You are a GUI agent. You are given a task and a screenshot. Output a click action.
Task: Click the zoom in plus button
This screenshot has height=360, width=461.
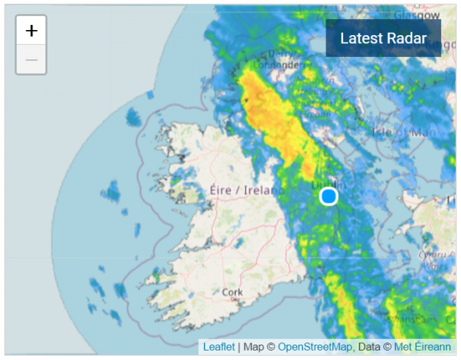(x=31, y=31)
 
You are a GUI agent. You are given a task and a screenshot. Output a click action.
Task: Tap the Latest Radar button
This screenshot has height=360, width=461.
(x=383, y=38)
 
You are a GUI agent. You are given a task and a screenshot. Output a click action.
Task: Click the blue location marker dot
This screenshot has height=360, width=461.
(x=329, y=196)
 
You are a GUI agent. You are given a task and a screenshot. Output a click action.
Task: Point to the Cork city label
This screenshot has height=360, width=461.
(x=231, y=293)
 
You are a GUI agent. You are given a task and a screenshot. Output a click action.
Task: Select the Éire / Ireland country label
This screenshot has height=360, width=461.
(x=244, y=190)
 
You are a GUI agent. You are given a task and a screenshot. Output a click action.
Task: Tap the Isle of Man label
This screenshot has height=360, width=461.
(x=401, y=132)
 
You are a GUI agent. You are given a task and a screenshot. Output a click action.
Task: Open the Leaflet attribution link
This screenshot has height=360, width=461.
(x=219, y=346)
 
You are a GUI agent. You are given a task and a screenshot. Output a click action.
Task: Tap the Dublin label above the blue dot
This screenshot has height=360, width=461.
(x=326, y=184)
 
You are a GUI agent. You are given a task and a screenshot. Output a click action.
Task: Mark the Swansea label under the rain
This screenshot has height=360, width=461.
(x=413, y=320)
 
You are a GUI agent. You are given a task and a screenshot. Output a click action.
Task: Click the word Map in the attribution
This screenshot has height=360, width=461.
(x=254, y=346)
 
